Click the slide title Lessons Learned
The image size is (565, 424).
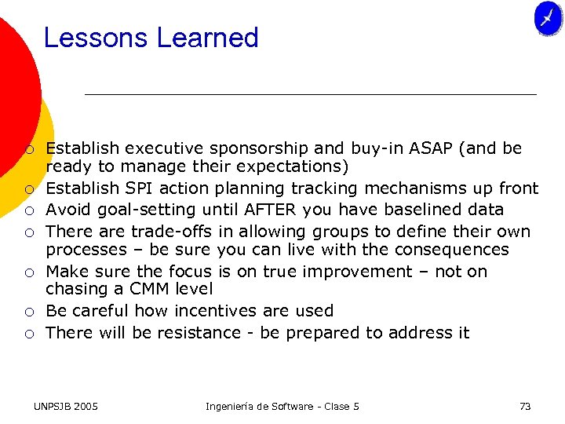coord(151,38)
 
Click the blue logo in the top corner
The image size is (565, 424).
coord(548,18)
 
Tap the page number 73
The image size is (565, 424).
coord(525,406)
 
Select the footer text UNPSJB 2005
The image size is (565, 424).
coord(66,406)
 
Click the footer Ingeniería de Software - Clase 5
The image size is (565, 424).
coord(282,406)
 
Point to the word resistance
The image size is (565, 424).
coord(199,333)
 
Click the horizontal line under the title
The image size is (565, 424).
coord(310,94)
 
